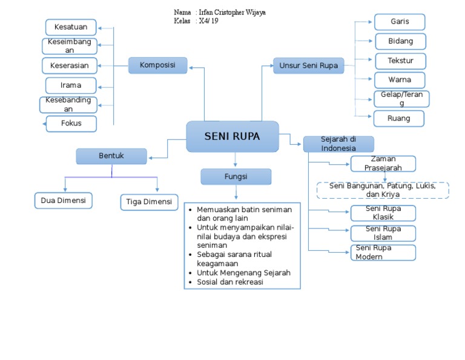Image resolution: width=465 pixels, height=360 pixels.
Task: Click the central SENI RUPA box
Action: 232,136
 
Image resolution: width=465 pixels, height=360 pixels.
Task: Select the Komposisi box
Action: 157,65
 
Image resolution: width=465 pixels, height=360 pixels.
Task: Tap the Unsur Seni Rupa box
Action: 308,65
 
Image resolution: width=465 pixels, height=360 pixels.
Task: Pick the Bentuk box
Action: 111,156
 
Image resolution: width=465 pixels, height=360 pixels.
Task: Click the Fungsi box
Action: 236,176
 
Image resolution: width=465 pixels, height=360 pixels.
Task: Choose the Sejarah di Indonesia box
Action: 338,144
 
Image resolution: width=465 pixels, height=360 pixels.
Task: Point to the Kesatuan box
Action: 71,27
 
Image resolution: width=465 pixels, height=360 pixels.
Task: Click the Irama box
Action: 71,85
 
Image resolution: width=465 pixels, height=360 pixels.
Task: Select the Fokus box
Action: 71,124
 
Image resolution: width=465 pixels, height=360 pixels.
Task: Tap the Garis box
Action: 400,22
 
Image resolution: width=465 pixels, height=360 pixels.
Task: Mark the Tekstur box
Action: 400,61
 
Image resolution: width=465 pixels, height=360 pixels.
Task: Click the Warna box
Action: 400,79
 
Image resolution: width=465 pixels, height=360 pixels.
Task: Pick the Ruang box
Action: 399,118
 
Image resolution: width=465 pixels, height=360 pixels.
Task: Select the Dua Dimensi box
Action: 63,201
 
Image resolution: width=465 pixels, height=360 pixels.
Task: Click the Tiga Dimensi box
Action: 148,202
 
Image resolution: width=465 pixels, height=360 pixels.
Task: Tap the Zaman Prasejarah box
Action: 383,164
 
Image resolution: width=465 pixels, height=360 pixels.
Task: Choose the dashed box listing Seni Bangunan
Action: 383,190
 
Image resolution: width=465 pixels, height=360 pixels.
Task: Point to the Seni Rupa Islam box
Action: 383,233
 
